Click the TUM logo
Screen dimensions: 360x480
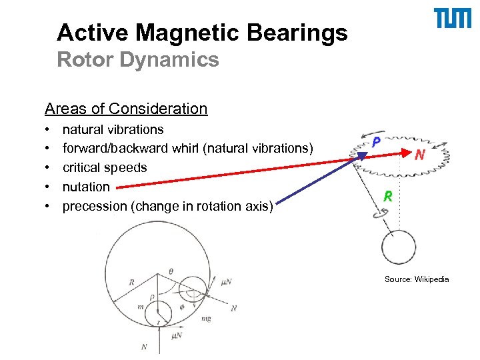click(x=453, y=19)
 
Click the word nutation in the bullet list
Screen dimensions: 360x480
click(x=86, y=187)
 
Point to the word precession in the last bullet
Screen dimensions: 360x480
click(x=94, y=207)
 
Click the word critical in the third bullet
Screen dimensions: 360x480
click(x=81, y=168)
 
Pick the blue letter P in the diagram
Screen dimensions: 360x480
click(x=376, y=142)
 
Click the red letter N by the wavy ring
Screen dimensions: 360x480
click(x=420, y=155)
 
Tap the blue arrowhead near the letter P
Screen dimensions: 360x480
click(x=364, y=155)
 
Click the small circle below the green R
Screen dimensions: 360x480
click(x=400, y=248)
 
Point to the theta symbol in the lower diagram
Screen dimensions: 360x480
click(x=171, y=271)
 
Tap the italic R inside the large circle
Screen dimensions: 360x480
click(x=131, y=282)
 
